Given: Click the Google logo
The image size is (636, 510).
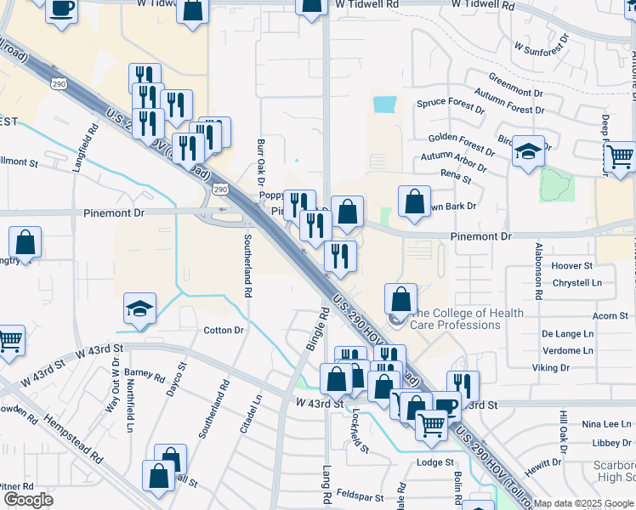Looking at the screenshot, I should point(28,500).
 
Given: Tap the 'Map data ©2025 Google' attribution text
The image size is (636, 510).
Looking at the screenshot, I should point(583,503).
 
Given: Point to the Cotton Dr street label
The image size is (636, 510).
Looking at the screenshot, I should point(223,330).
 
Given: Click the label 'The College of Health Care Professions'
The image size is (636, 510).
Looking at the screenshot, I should point(467,319).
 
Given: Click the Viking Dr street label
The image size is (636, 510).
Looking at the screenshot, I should point(550,368).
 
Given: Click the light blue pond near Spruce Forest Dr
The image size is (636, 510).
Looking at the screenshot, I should point(384,105).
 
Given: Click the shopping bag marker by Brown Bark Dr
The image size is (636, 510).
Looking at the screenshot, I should point(414,202).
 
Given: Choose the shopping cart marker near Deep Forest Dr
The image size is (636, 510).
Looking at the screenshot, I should point(621,156).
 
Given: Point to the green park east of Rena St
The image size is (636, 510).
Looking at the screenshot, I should point(557,184).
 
